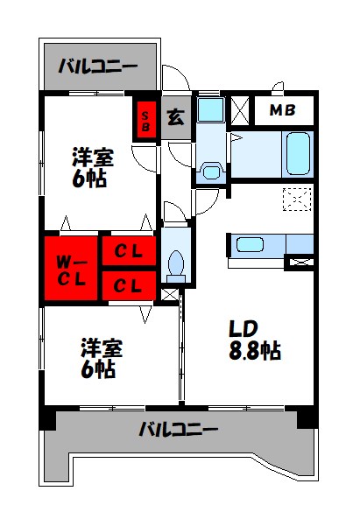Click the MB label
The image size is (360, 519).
tap(281, 110)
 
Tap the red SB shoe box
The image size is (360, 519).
tap(145, 119)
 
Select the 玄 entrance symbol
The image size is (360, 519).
tap(175, 117)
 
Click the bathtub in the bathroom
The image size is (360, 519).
tap(298, 152)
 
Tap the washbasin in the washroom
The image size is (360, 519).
tap(210, 171)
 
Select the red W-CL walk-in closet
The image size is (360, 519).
tap(72, 269)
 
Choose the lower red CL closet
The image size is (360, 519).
tap(129, 284)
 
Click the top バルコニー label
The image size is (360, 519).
tap(97, 65)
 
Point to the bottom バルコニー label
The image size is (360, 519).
tap(178, 430)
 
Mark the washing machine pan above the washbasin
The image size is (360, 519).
tap(209, 109)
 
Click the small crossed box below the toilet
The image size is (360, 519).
tap(170, 296)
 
